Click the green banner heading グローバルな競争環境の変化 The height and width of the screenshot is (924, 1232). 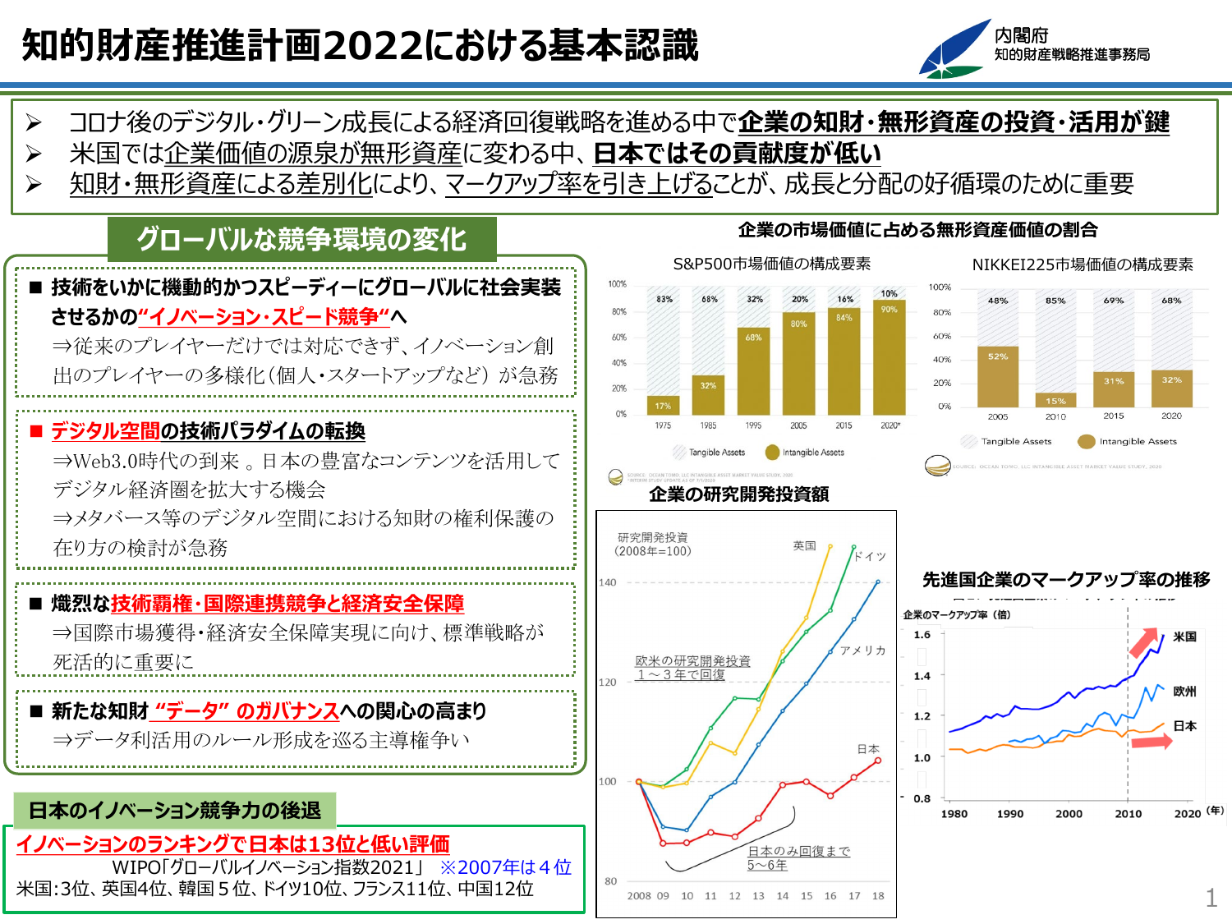[301, 239]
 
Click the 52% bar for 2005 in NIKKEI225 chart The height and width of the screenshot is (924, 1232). [998, 377]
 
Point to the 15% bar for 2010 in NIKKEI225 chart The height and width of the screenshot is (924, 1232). [1055, 401]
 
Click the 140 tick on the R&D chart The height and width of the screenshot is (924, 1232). [607, 582]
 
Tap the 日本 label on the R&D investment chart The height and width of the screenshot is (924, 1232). [868, 749]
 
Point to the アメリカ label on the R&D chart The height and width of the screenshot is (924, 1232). [862, 650]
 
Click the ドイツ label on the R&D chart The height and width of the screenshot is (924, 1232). [870, 556]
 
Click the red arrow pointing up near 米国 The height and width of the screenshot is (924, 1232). [1144, 643]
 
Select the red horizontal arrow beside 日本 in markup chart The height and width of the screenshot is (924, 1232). [1152, 742]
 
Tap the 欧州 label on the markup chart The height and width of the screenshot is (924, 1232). [1184, 692]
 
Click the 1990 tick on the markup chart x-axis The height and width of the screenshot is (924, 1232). [1009, 814]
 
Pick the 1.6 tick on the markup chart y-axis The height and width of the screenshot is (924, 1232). [922, 635]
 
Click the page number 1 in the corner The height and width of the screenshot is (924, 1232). [1211, 898]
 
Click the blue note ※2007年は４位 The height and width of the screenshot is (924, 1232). [505, 867]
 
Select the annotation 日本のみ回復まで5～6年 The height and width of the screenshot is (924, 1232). [798, 858]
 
